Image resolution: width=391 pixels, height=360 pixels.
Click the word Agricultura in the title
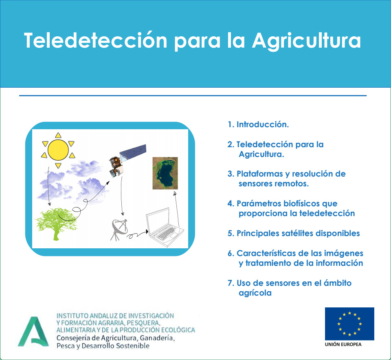coord(306,41)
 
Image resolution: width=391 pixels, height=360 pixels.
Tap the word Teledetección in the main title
coord(95,40)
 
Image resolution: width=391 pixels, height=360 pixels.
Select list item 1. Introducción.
coord(258,124)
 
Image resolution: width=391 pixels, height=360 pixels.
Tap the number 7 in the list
coord(230,283)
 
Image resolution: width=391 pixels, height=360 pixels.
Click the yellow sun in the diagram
coord(58,150)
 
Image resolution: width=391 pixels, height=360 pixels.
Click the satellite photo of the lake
coord(165,173)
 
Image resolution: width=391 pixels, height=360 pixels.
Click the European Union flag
coord(349,324)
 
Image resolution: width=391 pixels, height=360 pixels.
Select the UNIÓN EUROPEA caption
coord(343,345)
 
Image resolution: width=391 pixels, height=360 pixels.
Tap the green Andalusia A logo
coord(33,331)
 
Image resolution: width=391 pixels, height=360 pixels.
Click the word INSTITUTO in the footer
coord(72,316)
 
